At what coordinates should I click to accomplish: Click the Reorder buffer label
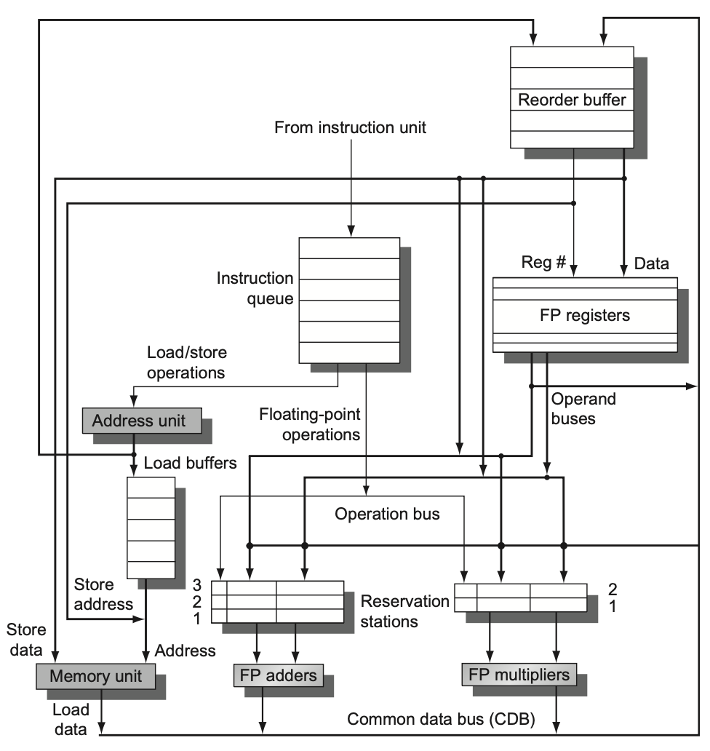[572, 100]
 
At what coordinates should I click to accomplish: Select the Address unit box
[142, 421]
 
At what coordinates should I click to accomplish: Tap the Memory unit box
[96, 676]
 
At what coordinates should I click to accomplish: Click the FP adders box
[278, 675]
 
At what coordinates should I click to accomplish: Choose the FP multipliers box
[519, 675]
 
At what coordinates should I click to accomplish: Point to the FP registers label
[585, 315]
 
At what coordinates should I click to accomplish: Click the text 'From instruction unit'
[350, 127]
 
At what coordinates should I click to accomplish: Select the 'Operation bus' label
[387, 514]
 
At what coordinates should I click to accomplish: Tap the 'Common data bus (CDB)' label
[441, 719]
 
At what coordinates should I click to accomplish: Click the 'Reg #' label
[543, 262]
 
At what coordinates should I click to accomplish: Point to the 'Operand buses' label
[583, 408]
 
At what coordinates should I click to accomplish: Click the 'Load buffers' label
[190, 463]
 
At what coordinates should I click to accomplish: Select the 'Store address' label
[103, 594]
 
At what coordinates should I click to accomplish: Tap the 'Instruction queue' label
[255, 288]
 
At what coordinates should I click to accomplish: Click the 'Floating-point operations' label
[310, 424]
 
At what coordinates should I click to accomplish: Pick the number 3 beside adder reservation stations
[196, 585]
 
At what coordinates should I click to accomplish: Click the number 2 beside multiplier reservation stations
[613, 589]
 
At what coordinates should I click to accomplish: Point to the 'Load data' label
[71, 720]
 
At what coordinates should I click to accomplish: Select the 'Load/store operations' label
[187, 362]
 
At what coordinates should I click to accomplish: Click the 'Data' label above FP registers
[651, 263]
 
